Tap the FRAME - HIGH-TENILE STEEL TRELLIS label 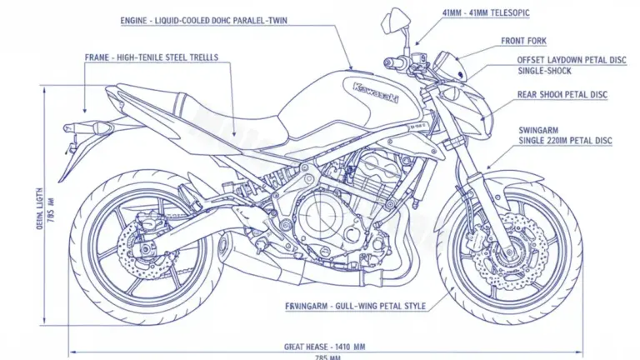(x=152, y=57)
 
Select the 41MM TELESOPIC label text (x=487, y=13)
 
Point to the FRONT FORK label (x=524, y=41)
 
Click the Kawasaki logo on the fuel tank (x=376, y=92)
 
